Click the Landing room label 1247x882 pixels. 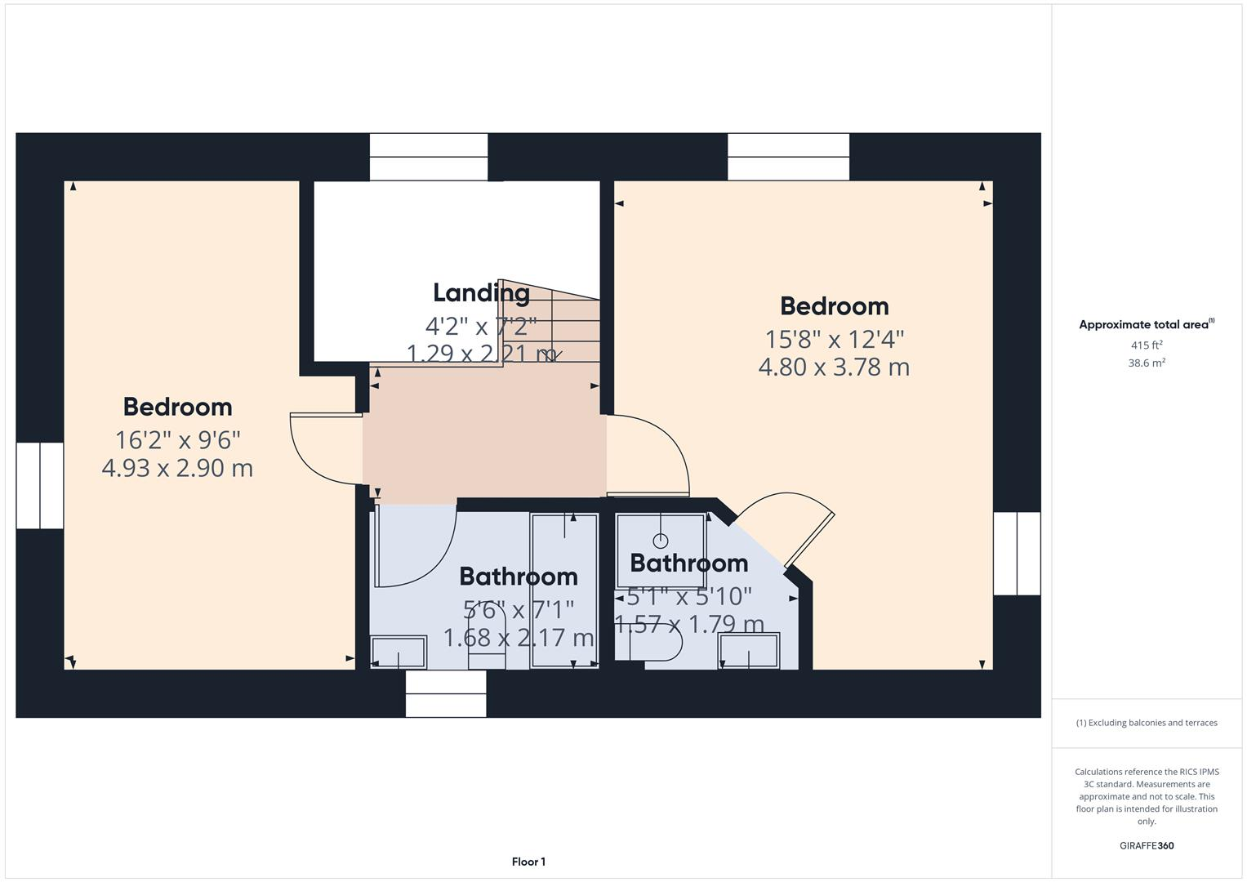(x=481, y=292)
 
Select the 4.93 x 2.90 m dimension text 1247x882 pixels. (x=177, y=468)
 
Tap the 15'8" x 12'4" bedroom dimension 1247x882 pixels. (x=834, y=338)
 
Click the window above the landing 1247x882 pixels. (x=429, y=157)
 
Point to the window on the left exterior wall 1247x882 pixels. (x=40, y=485)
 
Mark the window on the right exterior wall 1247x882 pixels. (x=1017, y=553)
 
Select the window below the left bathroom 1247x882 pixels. (x=446, y=693)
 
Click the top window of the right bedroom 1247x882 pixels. (x=788, y=157)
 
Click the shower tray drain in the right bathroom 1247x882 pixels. (x=661, y=541)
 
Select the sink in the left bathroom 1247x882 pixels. (x=399, y=653)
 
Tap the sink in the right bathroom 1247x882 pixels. (x=748, y=652)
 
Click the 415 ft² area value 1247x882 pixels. (x=1147, y=345)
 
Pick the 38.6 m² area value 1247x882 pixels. (x=1147, y=363)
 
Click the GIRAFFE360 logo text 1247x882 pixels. (x=1147, y=845)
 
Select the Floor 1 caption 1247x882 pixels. (x=528, y=862)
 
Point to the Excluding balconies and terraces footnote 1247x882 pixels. (x=1147, y=723)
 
